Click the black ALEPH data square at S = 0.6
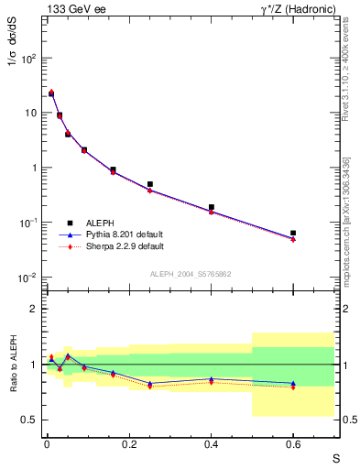pos(293,234)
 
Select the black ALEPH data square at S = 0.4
pos(212,207)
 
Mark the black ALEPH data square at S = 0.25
pos(149,184)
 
